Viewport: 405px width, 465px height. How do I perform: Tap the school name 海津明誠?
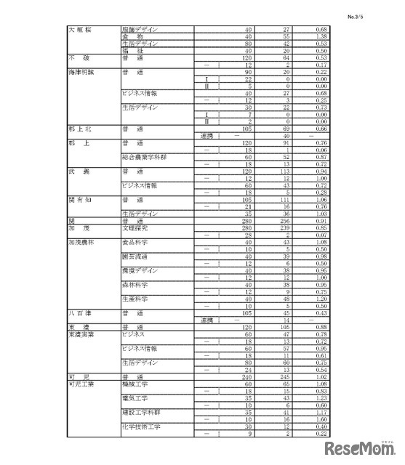pyautogui.click(x=81, y=73)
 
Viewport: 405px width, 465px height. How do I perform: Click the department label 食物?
pyautogui.click(x=134, y=36)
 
